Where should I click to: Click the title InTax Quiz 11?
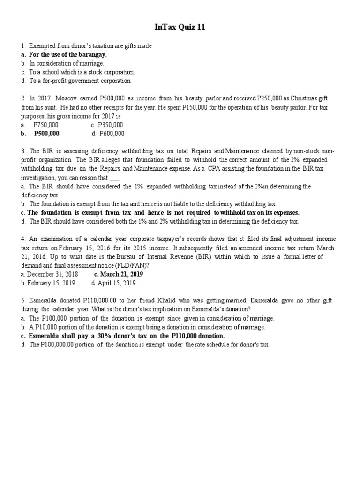point(180,28)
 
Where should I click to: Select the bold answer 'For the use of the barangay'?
point(68,54)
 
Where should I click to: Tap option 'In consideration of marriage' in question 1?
point(67,63)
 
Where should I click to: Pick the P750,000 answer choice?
point(46,125)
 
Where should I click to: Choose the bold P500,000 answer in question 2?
point(46,134)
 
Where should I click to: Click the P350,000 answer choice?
point(110,125)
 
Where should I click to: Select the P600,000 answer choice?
point(111,134)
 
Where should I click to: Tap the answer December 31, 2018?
point(52,274)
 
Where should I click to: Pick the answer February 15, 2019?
point(51,283)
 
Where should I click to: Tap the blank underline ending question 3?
point(114,178)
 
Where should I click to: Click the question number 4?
point(22,239)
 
